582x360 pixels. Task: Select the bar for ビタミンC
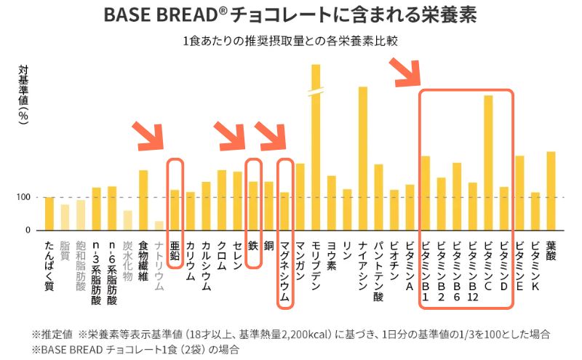(488, 163)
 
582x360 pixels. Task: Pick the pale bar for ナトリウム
(159, 225)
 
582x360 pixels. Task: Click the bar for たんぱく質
(49, 214)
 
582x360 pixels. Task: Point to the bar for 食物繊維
(143, 200)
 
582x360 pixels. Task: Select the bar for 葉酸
(551, 191)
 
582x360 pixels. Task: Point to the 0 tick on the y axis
(27, 231)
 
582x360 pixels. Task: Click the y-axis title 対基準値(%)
(23, 95)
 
